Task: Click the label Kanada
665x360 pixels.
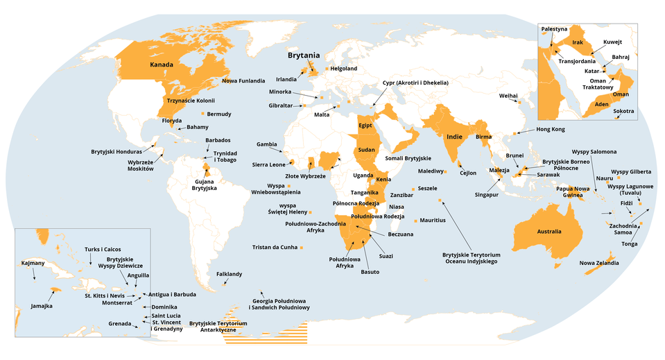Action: (x=161, y=65)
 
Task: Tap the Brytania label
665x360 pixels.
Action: (x=304, y=55)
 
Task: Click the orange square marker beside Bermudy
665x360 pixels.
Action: (x=202, y=113)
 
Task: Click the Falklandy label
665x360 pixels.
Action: (x=229, y=274)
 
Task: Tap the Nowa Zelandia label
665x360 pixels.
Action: (x=599, y=263)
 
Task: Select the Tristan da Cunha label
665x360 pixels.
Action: (x=275, y=247)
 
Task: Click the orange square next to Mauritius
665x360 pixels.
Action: (x=415, y=221)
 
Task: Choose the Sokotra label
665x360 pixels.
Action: (x=624, y=111)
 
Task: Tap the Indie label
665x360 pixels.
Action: (x=454, y=137)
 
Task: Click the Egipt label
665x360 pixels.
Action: (x=366, y=126)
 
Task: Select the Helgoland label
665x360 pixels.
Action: (x=344, y=69)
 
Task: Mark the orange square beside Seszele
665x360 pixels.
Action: (x=413, y=189)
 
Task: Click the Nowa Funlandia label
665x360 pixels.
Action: (x=243, y=80)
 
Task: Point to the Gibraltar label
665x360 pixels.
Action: (x=281, y=105)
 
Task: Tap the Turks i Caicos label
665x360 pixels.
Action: (x=103, y=249)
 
